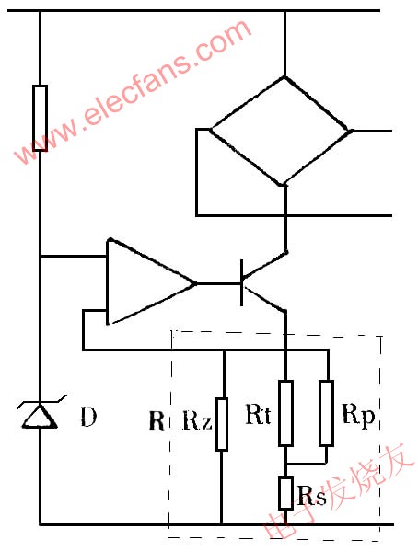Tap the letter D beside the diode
pyautogui.click(x=88, y=417)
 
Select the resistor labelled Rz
pyautogui.click(x=222, y=424)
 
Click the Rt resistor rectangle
pyautogui.click(x=285, y=413)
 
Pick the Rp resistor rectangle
pyautogui.click(x=327, y=413)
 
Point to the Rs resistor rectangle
pyautogui.click(x=285, y=493)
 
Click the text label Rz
pyautogui.click(x=197, y=420)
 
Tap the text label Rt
pyautogui.click(x=258, y=415)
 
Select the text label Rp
pyautogui.click(x=358, y=417)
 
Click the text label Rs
pyautogui.click(x=311, y=496)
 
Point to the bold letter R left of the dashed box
pyautogui.click(x=157, y=420)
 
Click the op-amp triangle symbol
pyautogui.click(x=151, y=281)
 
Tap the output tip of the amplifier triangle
pyautogui.click(x=195, y=283)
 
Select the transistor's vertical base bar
pyautogui.click(x=242, y=283)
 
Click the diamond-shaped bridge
pyautogui.click(x=282, y=131)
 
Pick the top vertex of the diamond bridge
pyautogui.click(x=284, y=77)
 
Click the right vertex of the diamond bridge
pyautogui.click(x=351, y=131)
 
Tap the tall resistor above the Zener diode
pyautogui.click(x=40, y=118)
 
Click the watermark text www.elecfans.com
pyautogui.click(x=133, y=92)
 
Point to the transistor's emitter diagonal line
pyautogui.click(x=264, y=299)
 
